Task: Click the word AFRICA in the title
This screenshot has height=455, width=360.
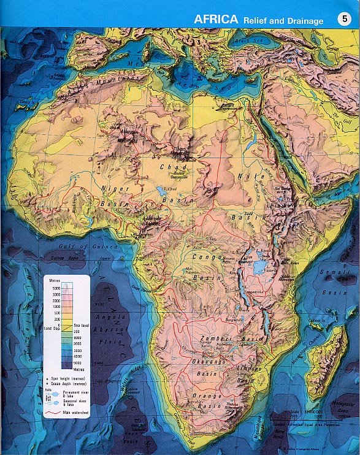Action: pyautogui.click(x=216, y=19)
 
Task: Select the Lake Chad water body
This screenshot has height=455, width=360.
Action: pyautogui.click(x=161, y=191)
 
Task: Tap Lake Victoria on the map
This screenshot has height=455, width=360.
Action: pyautogui.click(x=259, y=267)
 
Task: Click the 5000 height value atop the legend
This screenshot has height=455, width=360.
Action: pyautogui.click(x=56, y=287)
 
